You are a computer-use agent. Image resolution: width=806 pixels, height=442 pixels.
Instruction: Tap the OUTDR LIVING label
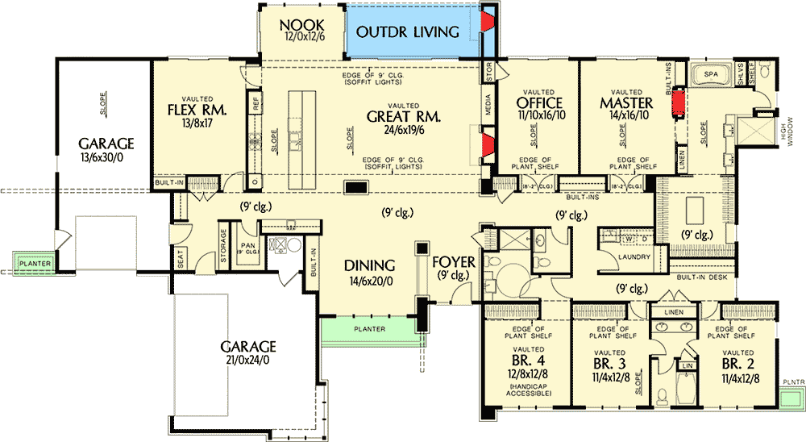pyautogui.click(x=408, y=31)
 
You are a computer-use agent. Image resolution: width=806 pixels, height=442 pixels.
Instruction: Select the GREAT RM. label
pyautogui.click(x=403, y=116)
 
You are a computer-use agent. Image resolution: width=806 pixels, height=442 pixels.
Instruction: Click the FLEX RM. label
pyautogui.click(x=196, y=110)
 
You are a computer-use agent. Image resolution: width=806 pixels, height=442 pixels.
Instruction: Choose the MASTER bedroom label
pyautogui.click(x=625, y=104)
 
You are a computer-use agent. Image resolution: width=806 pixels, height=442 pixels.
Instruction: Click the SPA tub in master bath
pyautogui.click(x=710, y=74)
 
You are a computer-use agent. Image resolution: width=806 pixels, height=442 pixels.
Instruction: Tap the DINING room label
pyautogui.click(x=369, y=265)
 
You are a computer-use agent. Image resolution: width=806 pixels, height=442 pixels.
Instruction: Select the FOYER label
pyautogui.click(x=454, y=262)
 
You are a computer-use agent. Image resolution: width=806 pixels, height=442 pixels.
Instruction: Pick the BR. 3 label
pyautogui.click(x=609, y=362)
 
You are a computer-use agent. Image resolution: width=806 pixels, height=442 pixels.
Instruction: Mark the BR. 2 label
pyautogui.click(x=738, y=362)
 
